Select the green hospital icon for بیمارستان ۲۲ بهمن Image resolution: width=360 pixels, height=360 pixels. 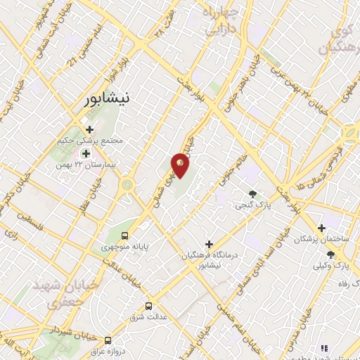[86, 153]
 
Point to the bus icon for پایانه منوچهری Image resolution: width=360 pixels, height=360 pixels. [124, 236]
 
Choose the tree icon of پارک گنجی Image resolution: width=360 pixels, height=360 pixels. [252, 194]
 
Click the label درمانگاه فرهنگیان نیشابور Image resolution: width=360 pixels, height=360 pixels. [209, 260]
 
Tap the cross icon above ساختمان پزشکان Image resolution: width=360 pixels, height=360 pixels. [321, 227]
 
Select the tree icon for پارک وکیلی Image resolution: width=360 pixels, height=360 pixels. [330, 255]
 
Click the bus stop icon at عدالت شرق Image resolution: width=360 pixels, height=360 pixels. [148, 306]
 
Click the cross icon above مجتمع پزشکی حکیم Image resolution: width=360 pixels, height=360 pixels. [89, 129]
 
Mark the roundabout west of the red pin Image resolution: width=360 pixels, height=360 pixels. [128, 185]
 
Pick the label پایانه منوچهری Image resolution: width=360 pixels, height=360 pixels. [125, 247]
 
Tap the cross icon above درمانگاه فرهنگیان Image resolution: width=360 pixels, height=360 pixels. [209, 243]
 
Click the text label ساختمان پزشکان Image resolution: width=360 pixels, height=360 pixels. [321, 238]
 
